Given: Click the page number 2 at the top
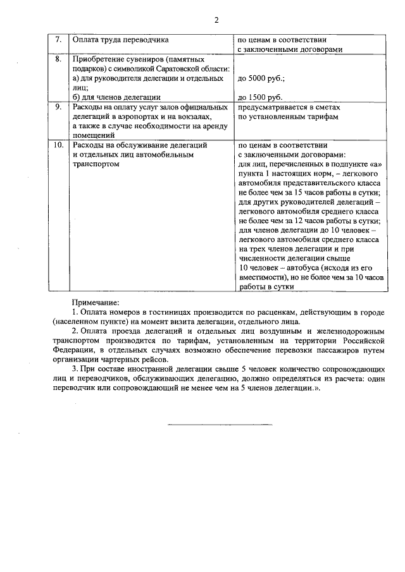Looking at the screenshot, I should point(216,20).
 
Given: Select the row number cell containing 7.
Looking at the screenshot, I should point(58,39).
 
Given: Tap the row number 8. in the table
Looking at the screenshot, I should point(58,59).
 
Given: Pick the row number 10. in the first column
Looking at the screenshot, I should point(58,145).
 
